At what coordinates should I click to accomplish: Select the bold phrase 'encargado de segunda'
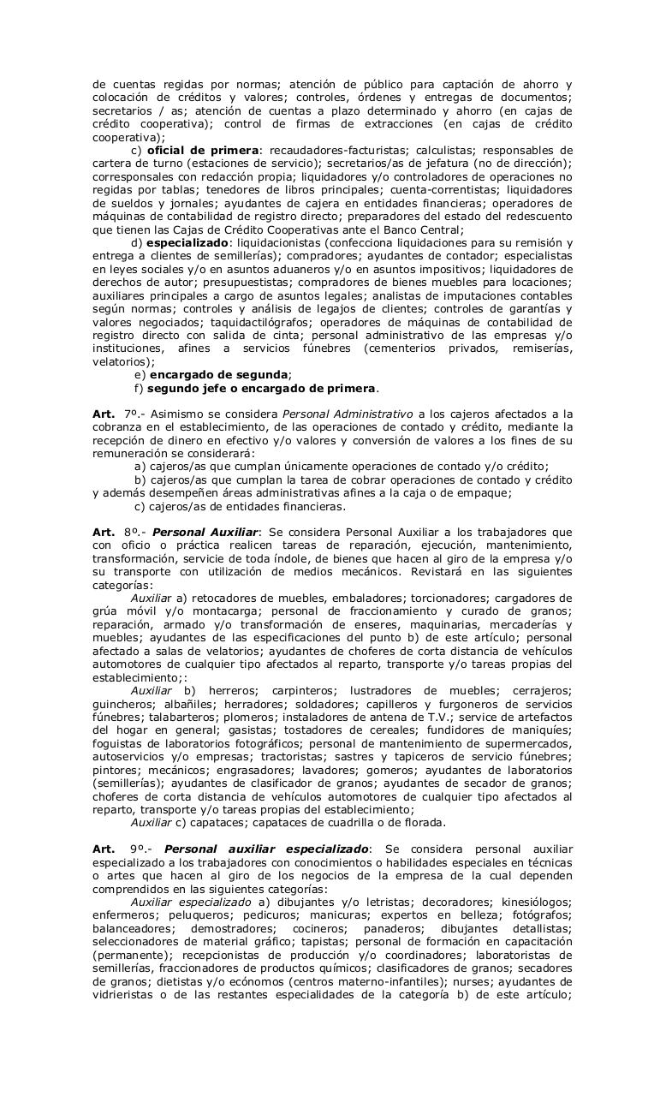(x=218, y=374)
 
